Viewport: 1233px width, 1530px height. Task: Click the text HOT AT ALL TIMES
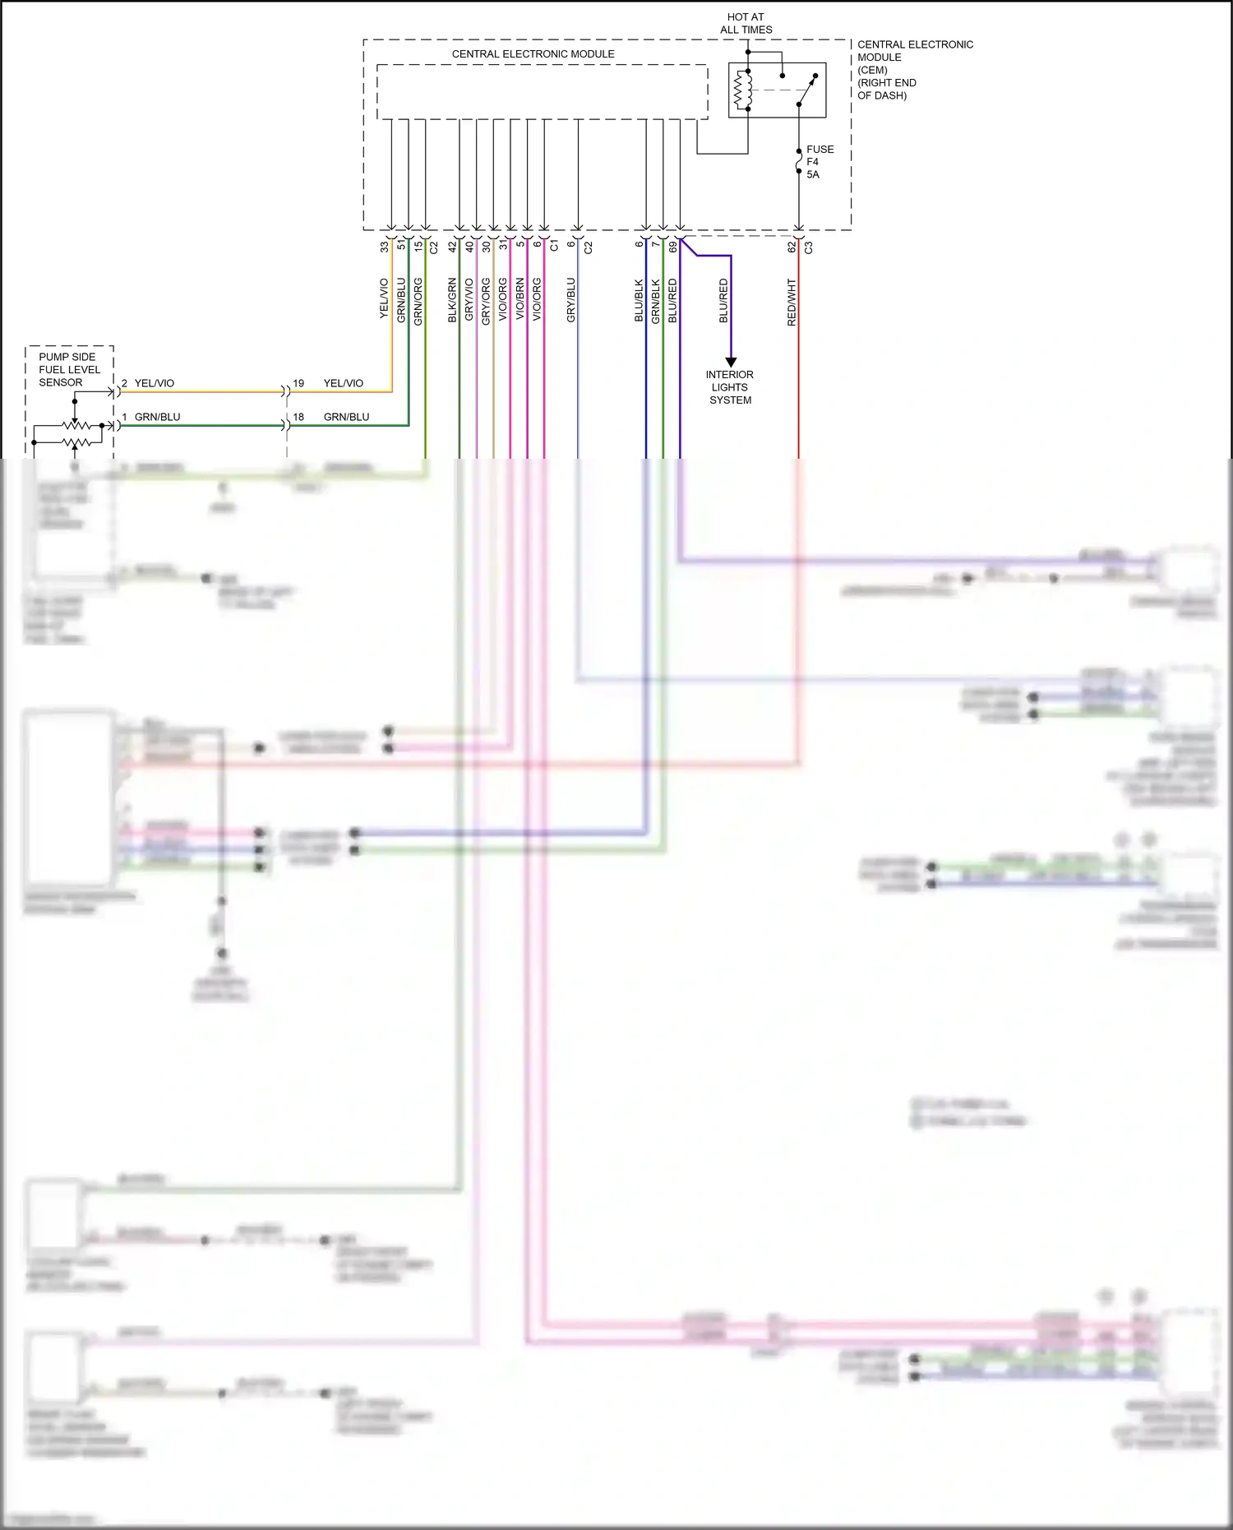point(746,23)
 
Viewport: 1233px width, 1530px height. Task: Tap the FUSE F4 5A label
point(819,162)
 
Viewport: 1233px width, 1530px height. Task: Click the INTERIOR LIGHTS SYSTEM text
point(729,387)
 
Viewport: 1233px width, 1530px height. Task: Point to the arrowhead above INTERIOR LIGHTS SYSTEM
point(731,362)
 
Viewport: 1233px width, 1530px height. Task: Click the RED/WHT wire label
point(792,302)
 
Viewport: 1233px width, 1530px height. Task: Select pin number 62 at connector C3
point(792,246)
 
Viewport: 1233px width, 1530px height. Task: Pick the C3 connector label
point(809,247)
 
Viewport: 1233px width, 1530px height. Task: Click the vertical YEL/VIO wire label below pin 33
point(383,298)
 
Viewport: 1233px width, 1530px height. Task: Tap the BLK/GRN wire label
point(452,299)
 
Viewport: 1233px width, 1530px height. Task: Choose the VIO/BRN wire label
point(520,299)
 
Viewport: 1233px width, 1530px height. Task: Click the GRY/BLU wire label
point(570,299)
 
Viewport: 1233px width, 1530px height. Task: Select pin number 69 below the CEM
point(672,246)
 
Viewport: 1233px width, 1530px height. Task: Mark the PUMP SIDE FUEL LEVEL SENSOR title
point(69,369)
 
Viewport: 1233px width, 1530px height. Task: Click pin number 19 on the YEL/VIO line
point(298,383)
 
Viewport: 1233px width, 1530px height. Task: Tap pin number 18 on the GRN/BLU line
point(298,417)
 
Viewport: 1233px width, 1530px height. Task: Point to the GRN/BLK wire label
point(656,300)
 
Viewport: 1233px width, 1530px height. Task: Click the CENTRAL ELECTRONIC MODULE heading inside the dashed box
point(533,53)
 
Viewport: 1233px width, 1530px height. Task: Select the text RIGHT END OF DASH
point(886,89)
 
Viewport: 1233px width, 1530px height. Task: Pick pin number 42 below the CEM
point(452,246)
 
